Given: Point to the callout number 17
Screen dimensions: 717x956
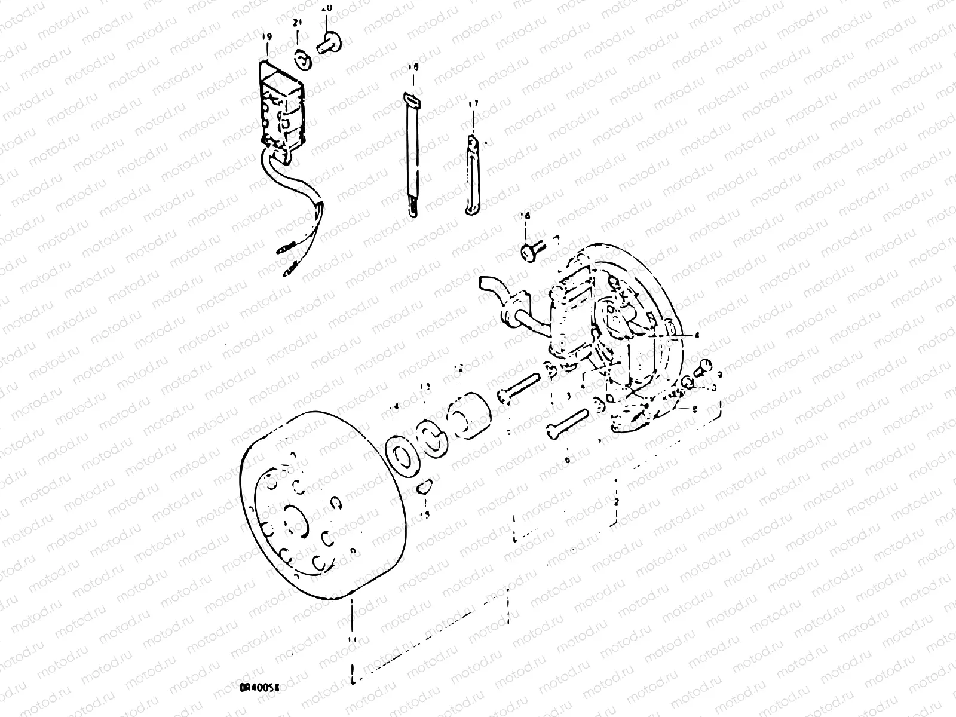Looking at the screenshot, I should (473, 105).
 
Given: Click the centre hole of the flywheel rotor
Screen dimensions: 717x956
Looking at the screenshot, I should (296, 517).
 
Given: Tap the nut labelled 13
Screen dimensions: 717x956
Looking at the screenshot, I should (431, 435).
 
